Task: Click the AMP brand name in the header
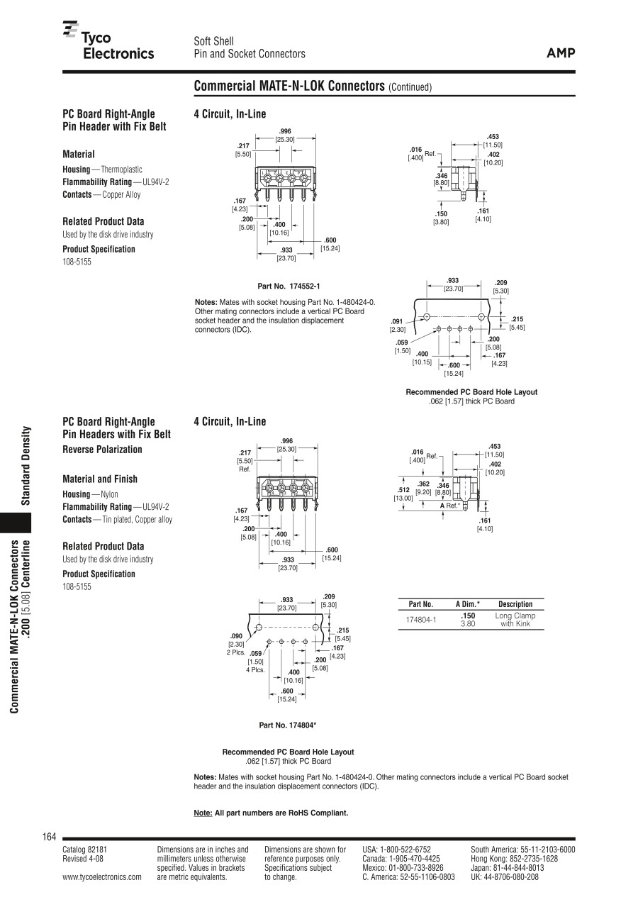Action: point(561,53)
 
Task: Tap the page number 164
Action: point(49,837)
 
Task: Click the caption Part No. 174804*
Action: point(287,725)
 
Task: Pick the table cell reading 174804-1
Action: point(421,620)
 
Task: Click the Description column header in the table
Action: point(515,604)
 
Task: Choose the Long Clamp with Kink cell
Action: point(515,620)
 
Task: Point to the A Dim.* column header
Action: point(467,604)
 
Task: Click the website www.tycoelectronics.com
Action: point(102,876)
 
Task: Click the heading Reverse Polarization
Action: point(102,450)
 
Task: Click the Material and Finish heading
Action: point(100,479)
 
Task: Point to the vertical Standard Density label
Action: point(25,466)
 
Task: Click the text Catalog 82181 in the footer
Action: point(85,849)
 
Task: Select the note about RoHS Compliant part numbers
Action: point(271,813)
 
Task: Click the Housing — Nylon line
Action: point(90,494)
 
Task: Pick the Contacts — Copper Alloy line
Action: point(101,194)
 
